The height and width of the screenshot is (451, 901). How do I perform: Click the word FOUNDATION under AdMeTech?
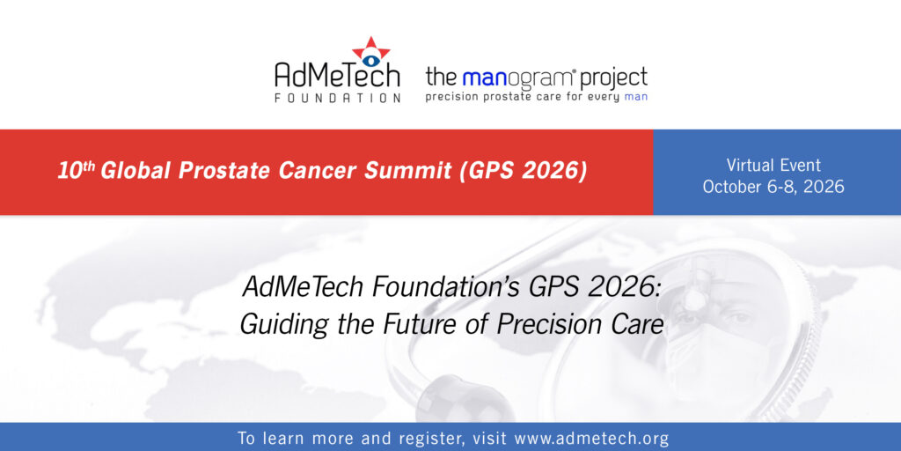pyautogui.click(x=337, y=98)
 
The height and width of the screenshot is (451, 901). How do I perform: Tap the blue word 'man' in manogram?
pyautogui.click(x=483, y=78)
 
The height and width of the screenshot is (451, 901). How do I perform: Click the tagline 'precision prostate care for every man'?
pyautogui.click(x=536, y=97)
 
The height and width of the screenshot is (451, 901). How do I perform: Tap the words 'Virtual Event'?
pyautogui.click(x=773, y=165)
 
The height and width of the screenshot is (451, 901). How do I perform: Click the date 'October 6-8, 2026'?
pyautogui.click(x=773, y=187)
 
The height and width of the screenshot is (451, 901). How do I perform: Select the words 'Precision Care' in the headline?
pyautogui.click(x=581, y=324)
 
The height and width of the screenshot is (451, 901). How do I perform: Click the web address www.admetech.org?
pyautogui.click(x=592, y=439)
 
